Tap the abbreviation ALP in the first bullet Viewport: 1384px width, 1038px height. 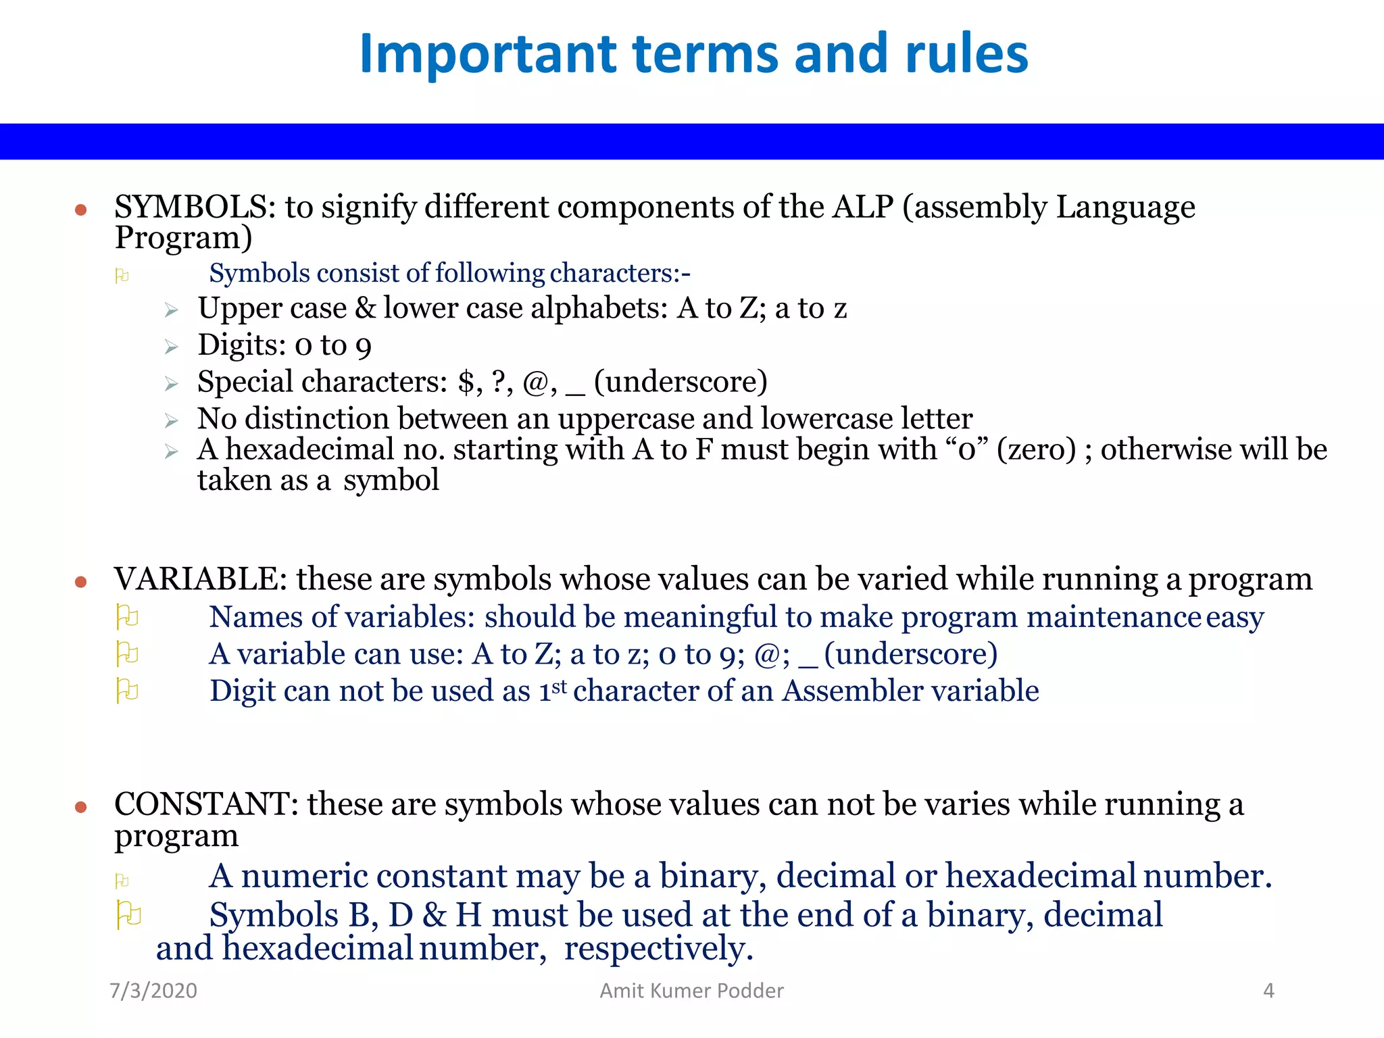(863, 207)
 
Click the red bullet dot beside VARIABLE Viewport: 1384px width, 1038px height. (81, 582)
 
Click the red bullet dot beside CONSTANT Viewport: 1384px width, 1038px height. (81, 807)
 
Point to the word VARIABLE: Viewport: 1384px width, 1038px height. (201, 579)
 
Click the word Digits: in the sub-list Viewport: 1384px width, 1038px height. (242, 345)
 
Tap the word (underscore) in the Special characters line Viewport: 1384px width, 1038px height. (681, 382)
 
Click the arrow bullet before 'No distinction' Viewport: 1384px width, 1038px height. (172, 421)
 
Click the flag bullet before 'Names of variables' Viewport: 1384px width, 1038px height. (127, 616)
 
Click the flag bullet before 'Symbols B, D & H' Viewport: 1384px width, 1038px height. (128, 915)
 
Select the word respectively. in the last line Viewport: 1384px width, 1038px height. (658, 948)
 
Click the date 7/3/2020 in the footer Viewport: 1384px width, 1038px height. (153, 991)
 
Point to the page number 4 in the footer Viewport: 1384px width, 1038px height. (1268, 991)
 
